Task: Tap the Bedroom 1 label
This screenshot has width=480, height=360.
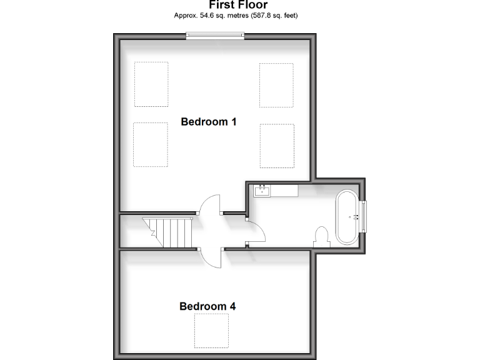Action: click(x=208, y=122)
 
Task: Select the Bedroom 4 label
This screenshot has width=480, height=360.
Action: click(x=207, y=306)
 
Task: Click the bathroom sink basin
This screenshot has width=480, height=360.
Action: click(x=262, y=190)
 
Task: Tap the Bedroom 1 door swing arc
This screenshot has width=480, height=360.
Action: click(x=209, y=205)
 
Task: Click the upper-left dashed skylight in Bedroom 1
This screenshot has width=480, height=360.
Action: click(x=151, y=84)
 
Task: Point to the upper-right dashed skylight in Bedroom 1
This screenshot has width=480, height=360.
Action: click(x=276, y=85)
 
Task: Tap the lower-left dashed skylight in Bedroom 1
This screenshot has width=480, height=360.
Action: click(x=151, y=144)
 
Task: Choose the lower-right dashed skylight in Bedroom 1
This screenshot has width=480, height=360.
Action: click(x=277, y=146)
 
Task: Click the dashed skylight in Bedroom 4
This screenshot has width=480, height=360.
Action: click(x=212, y=331)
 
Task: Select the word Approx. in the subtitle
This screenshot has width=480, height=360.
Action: click(x=186, y=15)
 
